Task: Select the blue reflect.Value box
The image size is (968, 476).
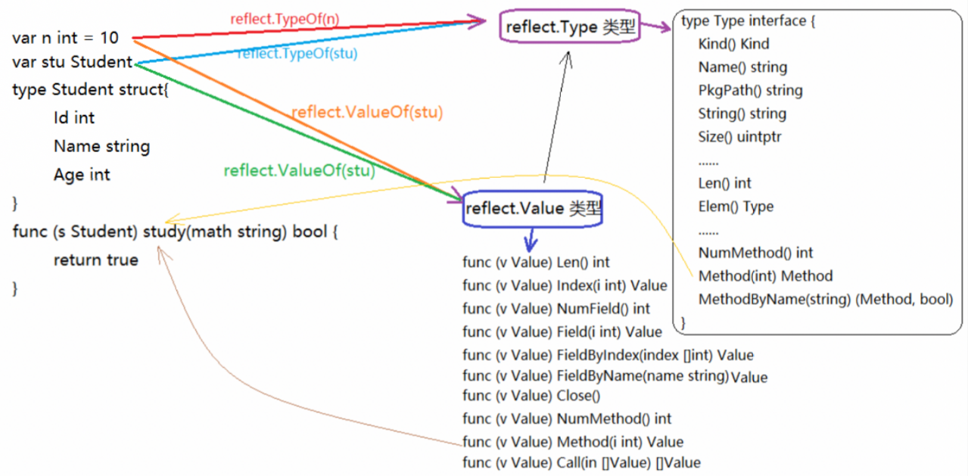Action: (532, 209)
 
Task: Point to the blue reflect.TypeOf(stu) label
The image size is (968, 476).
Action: (297, 54)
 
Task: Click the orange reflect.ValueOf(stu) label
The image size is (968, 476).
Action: (367, 112)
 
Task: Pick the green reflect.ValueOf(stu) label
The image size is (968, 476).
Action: (299, 170)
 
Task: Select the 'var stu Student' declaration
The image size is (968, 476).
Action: (73, 62)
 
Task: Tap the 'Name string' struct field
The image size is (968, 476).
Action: (101, 146)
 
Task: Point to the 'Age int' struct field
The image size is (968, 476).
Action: (82, 175)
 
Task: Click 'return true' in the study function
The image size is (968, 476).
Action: (95, 260)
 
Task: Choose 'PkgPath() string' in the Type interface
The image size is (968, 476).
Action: (750, 91)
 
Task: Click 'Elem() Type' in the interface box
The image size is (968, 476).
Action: (736, 207)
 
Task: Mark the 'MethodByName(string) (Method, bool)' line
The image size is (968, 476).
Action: (825, 300)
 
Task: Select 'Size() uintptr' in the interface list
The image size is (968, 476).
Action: (739, 137)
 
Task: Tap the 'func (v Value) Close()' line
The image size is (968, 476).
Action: (531, 396)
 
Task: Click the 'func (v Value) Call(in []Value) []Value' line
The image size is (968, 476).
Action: (581, 462)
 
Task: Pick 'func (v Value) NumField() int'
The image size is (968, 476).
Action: (556, 309)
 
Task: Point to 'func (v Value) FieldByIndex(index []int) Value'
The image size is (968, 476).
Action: (608, 355)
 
